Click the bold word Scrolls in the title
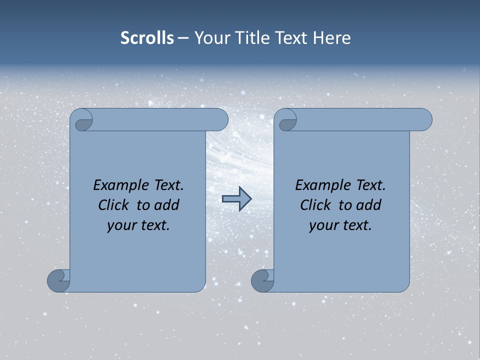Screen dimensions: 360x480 tap(147, 37)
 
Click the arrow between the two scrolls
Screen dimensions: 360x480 tap(236, 198)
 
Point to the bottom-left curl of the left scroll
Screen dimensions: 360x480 tap(59, 280)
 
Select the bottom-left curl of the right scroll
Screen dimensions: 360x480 tap(263, 280)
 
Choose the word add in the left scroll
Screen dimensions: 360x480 tap(166, 205)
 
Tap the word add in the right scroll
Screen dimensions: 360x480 tap(368, 205)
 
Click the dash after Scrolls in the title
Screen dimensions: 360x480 tap(183, 38)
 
